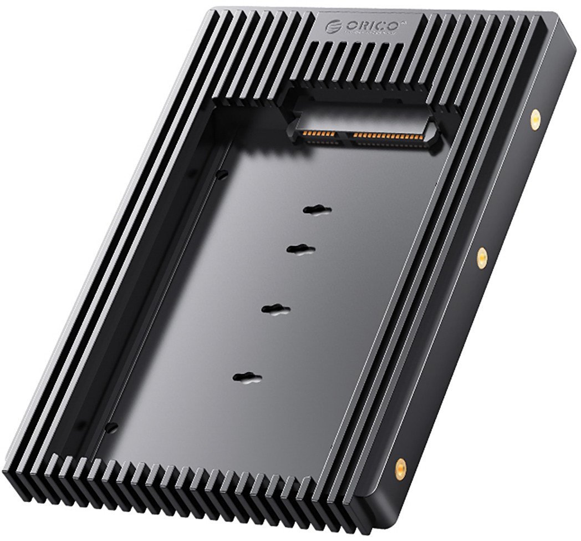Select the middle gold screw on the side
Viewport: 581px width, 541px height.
click(x=482, y=256)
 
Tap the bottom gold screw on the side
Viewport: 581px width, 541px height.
click(x=399, y=468)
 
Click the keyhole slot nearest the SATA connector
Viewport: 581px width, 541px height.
click(x=317, y=210)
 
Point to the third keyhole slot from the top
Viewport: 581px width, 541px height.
click(x=276, y=309)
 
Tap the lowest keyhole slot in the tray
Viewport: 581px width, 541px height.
click(x=247, y=378)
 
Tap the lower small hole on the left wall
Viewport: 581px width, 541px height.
click(x=113, y=426)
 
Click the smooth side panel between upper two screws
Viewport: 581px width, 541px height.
click(x=507, y=189)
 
